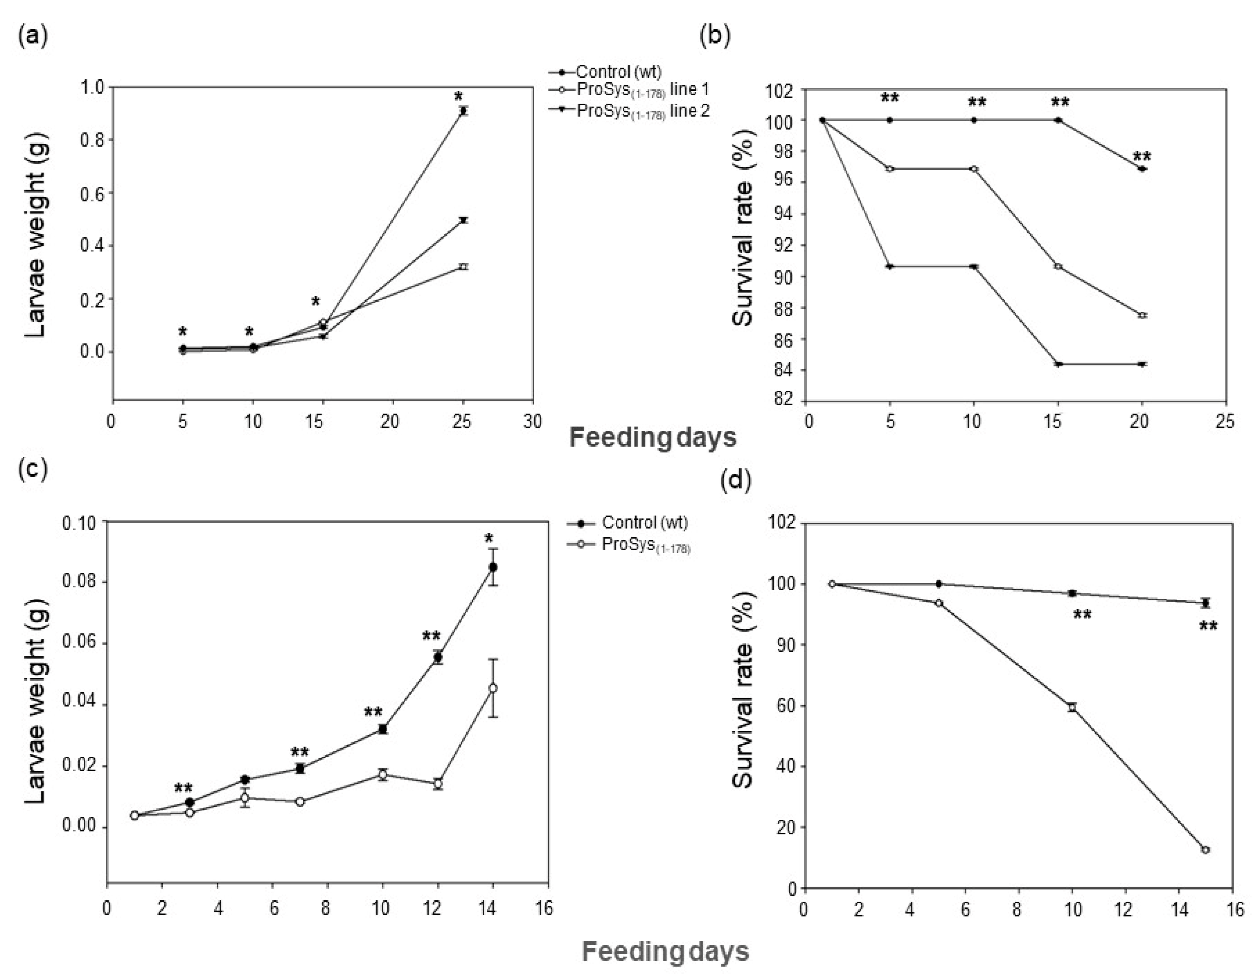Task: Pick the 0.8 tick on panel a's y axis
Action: tap(92, 140)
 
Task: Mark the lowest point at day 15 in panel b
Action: tap(1058, 364)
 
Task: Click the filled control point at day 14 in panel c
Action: tap(493, 567)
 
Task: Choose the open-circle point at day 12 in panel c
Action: tap(438, 784)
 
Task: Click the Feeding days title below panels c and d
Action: tap(665, 951)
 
